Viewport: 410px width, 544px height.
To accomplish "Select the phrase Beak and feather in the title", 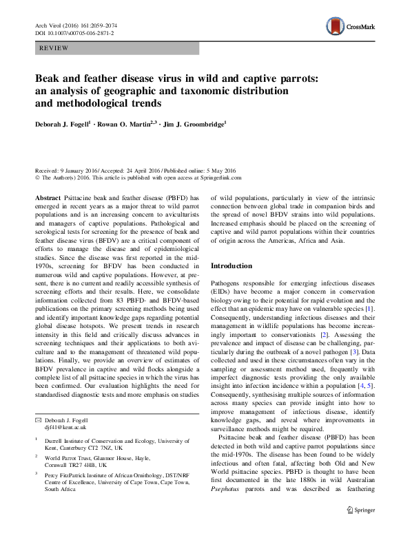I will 77,78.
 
